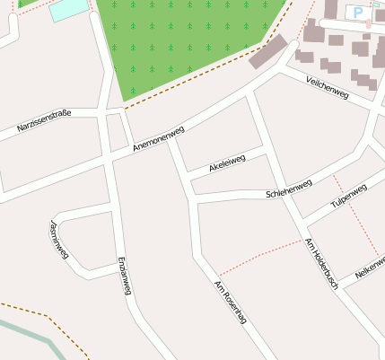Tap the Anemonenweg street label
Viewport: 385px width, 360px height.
(x=158, y=137)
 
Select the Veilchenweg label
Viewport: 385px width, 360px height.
(x=327, y=88)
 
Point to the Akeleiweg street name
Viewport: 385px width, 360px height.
(x=226, y=162)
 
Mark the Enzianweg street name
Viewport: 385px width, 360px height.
(x=125, y=276)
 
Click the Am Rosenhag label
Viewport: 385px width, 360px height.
(x=229, y=303)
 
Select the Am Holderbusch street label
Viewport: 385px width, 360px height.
(x=321, y=263)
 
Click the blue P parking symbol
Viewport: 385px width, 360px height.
(x=359, y=13)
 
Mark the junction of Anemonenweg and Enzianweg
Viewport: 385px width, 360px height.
(x=109, y=158)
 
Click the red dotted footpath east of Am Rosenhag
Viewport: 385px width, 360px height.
(x=260, y=256)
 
